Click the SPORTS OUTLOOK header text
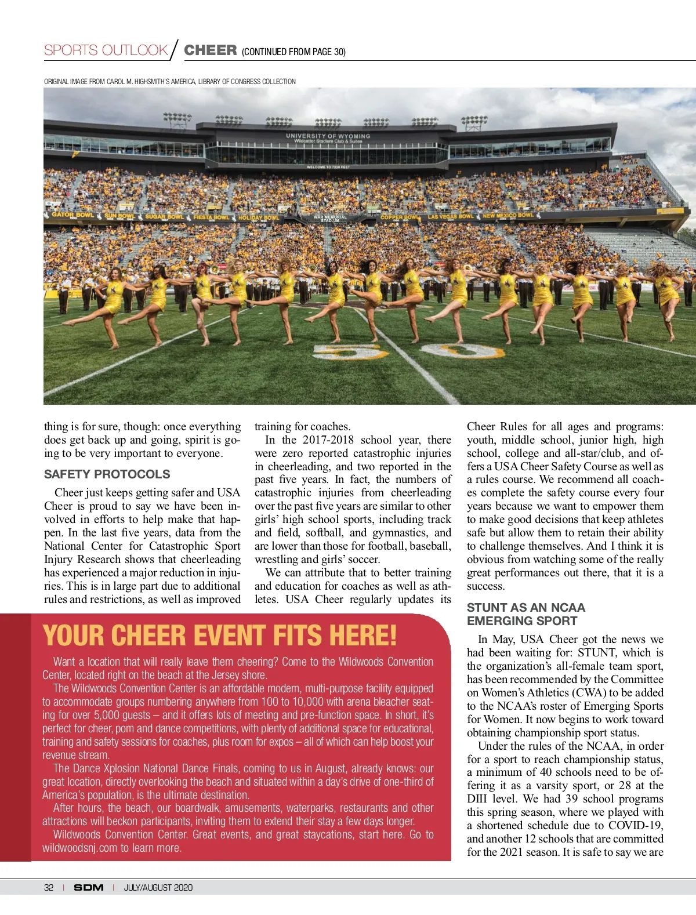(106, 50)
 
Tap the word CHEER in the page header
(210, 50)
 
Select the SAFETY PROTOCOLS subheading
(107, 474)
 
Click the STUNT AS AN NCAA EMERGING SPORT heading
(525, 614)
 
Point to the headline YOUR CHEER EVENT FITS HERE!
(220, 636)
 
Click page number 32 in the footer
(49, 887)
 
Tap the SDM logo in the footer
(88, 887)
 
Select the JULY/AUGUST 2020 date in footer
(158, 887)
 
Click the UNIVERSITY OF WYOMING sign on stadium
(328, 136)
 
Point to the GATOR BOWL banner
(72, 215)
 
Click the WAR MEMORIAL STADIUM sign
(330, 219)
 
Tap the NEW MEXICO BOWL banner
(508, 216)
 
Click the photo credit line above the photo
(169, 82)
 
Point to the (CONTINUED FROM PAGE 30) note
(293, 52)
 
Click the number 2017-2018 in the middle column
(328, 440)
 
